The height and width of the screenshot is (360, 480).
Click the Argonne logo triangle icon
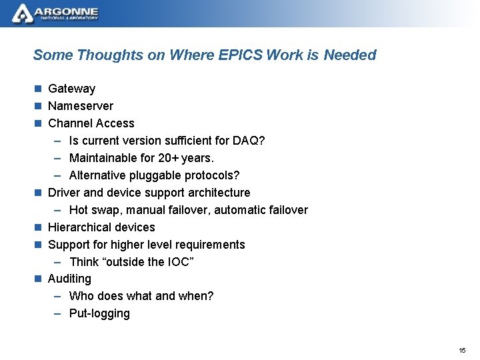(23, 13)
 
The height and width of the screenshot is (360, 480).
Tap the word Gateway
(71, 89)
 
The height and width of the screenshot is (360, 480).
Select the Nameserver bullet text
(80, 106)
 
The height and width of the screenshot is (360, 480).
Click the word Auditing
(69, 279)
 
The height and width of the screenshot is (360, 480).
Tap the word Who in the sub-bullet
(81, 296)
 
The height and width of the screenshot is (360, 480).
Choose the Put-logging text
(99, 313)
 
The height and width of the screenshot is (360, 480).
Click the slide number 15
(463, 350)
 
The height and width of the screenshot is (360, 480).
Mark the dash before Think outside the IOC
(57, 262)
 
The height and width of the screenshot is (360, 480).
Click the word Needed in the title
(350, 55)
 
